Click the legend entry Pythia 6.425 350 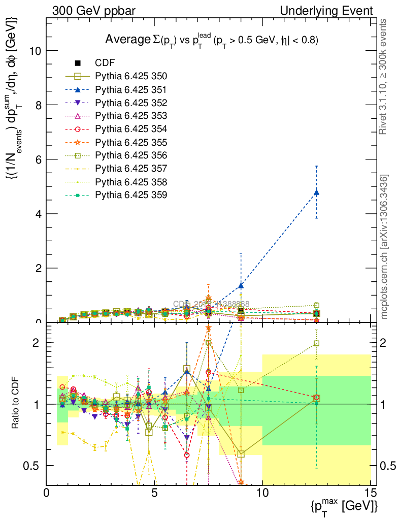point(131,77)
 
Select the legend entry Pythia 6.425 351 point(131,90)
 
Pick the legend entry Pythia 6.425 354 point(131,129)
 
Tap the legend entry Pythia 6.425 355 point(131,142)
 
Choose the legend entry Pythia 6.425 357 point(131,168)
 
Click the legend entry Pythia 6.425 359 point(131,194)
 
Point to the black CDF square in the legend point(78,63)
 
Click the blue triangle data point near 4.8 point(317,192)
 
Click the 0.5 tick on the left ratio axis point(32,466)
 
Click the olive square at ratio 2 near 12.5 point(317,343)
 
